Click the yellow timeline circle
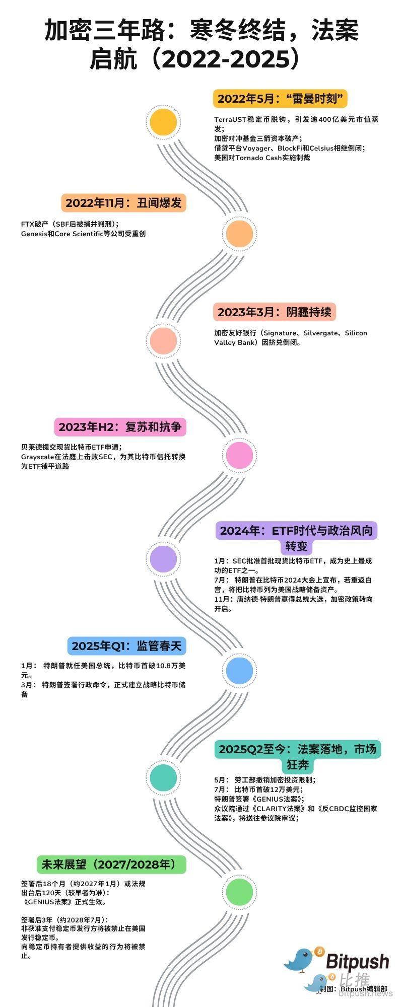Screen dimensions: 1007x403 163,122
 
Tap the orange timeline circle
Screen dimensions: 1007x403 240,233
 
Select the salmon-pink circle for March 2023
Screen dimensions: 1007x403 163,341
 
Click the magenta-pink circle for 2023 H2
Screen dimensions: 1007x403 240,455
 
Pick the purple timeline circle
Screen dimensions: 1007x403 163,558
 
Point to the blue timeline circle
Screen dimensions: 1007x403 240,670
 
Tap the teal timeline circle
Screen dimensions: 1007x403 163,777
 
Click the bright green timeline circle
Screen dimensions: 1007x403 240,892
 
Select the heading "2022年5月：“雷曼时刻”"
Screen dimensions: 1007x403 281,99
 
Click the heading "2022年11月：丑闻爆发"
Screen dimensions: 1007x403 123,203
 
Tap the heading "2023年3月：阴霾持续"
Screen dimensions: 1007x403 274,312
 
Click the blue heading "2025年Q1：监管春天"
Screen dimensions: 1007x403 126,646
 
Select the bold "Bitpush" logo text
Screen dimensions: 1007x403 357,961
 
